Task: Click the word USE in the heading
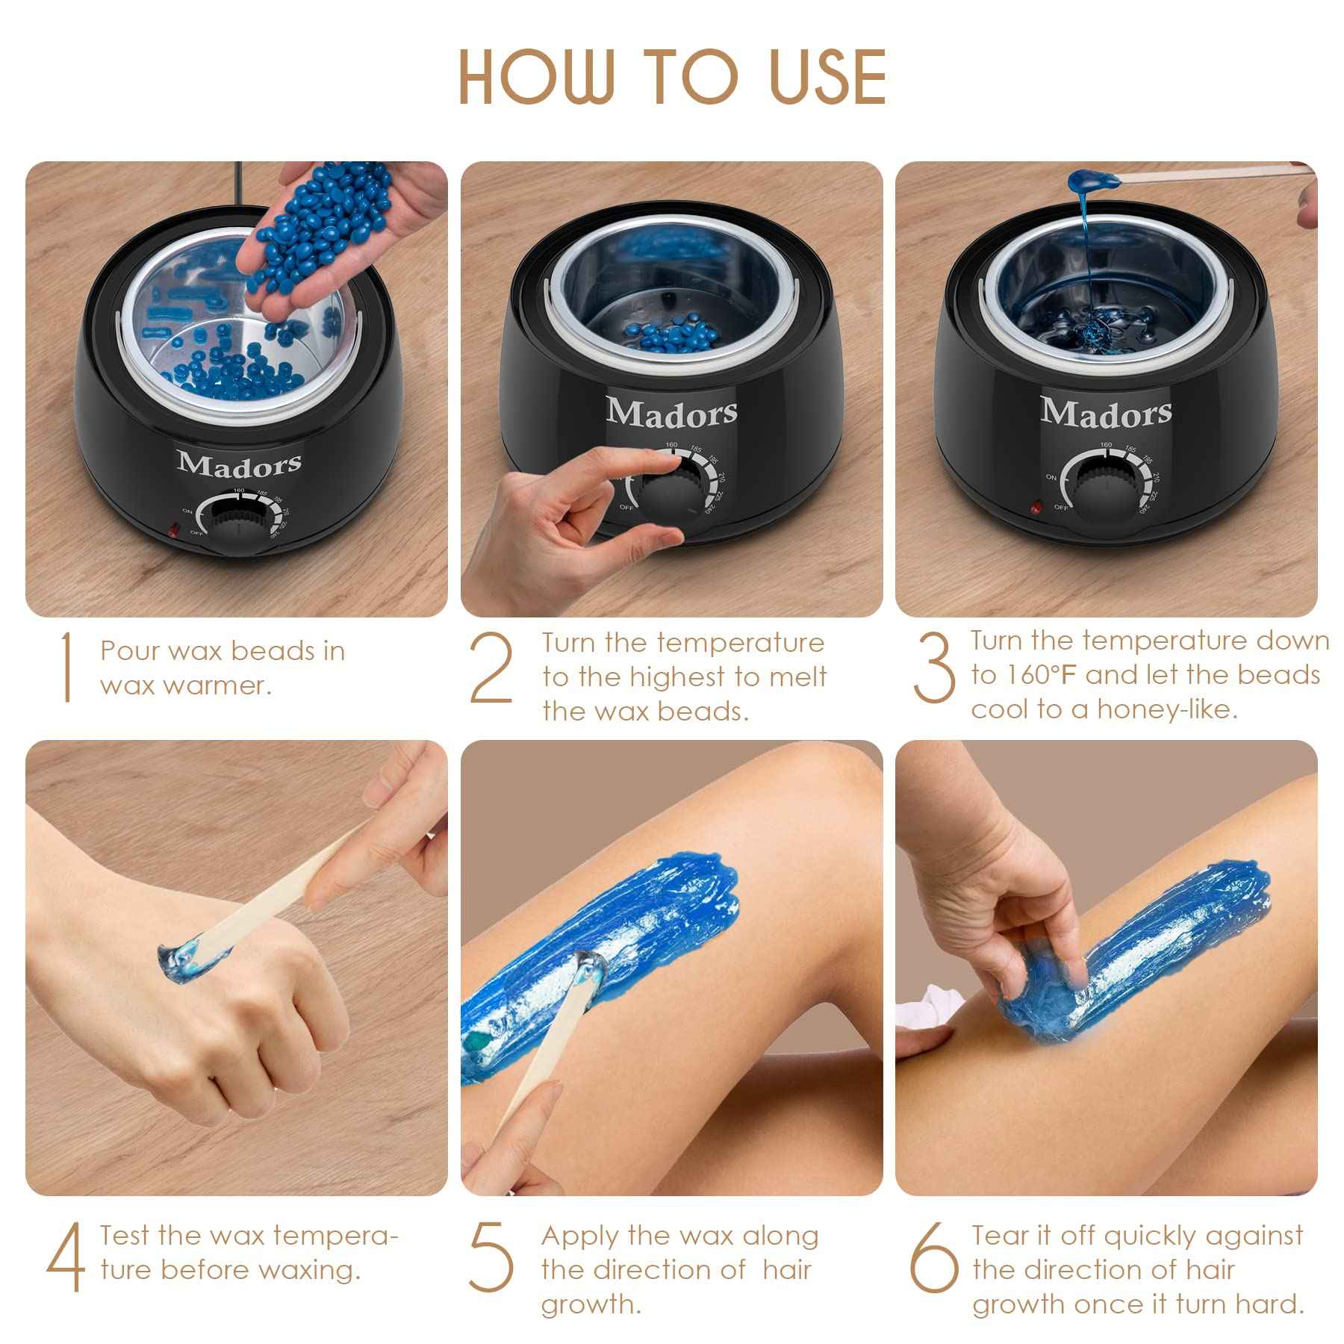(x=827, y=77)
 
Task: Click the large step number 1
(x=66, y=667)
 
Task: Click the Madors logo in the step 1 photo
(x=240, y=464)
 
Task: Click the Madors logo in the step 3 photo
(x=1106, y=411)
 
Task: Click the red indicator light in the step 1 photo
(x=174, y=532)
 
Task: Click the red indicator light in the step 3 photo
(x=1036, y=508)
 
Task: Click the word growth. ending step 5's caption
(x=591, y=1304)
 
